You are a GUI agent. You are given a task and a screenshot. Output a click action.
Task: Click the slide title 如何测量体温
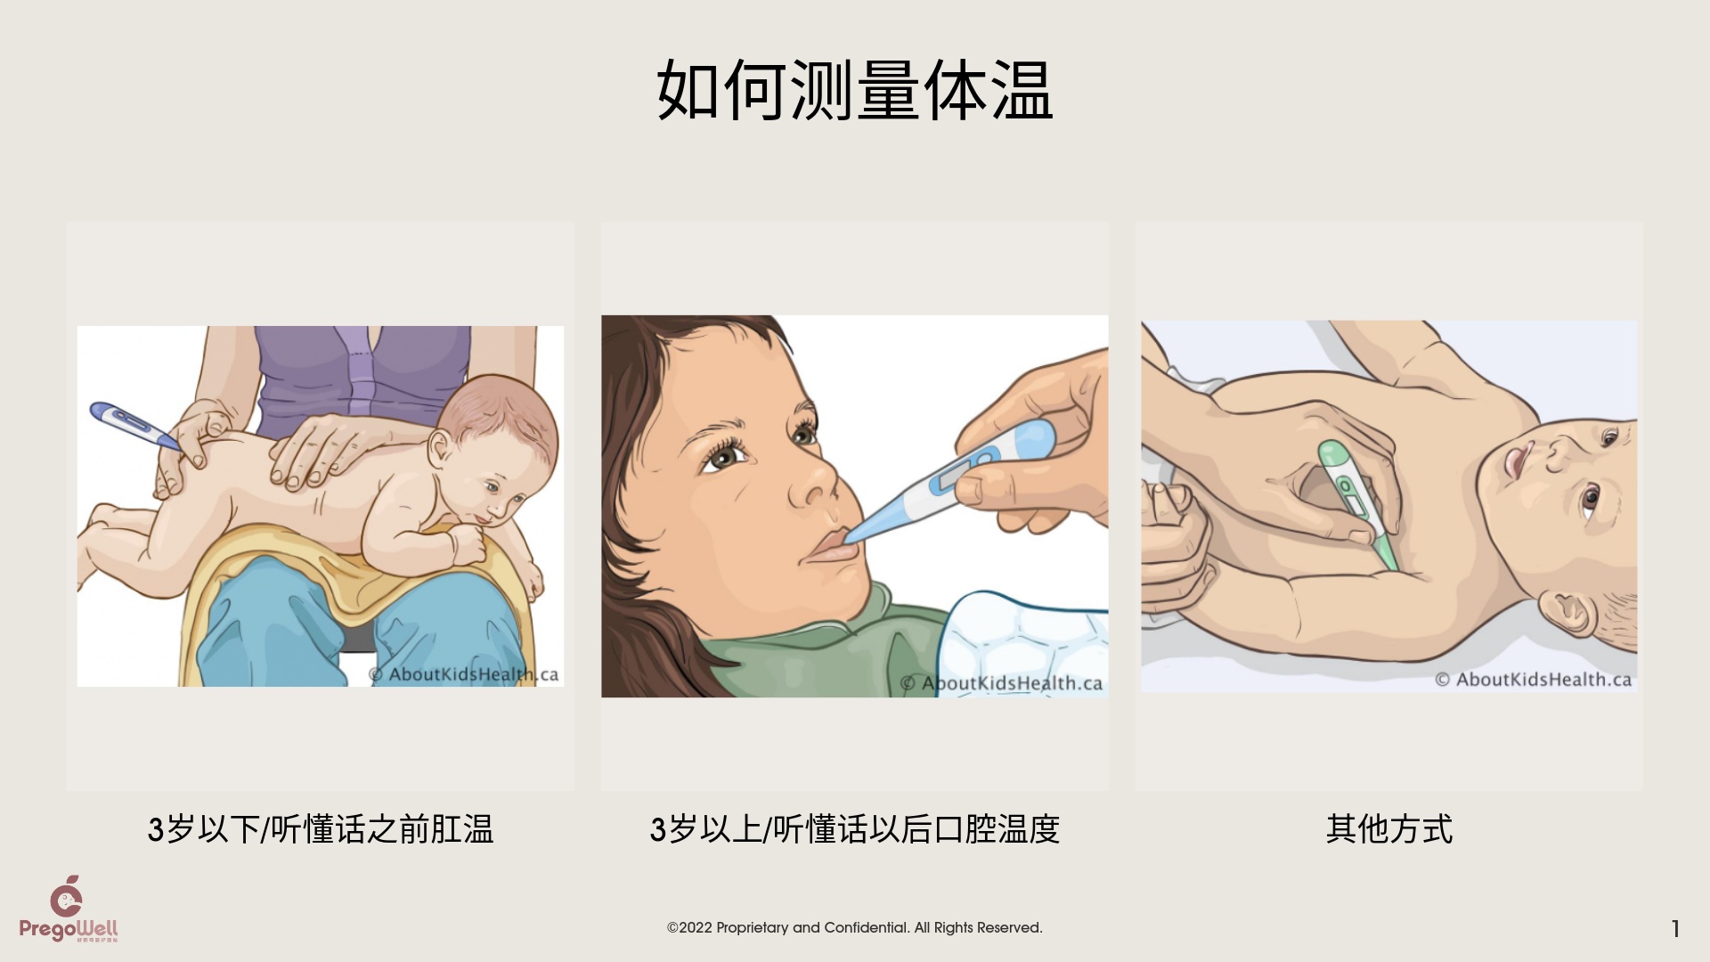point(855,91)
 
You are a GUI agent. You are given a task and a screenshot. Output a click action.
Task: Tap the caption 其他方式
point(1389,829)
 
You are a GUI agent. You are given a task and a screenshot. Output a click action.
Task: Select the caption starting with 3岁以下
point(321,829)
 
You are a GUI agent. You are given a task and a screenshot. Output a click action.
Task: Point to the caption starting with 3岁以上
point(855,829)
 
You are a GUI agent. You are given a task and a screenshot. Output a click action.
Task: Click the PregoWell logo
point(69,909)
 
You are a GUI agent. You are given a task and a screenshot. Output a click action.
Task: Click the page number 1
point(1675,929)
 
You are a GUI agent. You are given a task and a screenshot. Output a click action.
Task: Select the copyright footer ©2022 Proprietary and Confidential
point(855,927)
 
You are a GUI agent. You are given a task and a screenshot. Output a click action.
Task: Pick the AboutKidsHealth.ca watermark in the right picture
point(1534,680)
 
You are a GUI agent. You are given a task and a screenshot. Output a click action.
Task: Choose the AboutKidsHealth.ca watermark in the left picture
point(464,674)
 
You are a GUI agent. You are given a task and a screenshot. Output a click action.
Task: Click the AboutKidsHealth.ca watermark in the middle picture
point(1002,683)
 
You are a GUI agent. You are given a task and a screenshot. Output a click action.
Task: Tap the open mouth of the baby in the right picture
point(1517,460)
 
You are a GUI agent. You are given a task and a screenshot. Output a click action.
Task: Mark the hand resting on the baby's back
point(322,450)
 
